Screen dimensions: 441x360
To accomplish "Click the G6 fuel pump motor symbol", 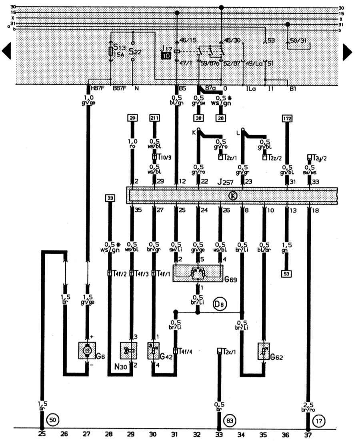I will tap(87, 351).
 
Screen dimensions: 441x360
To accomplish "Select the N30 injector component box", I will tap(129, 351).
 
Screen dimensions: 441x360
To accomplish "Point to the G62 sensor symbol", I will tap(264, 351).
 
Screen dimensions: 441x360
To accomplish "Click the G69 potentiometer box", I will tap(198, 273).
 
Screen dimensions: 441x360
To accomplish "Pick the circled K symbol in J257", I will tap(232, 196).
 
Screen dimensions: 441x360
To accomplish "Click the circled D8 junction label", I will tap(220, 304).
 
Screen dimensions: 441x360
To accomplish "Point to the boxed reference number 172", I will tap(287, 118).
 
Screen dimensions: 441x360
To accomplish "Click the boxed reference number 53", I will tap(287, 274).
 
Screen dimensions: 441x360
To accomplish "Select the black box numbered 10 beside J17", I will tap(166, 56).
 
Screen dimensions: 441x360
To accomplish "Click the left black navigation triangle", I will tap(7, 51).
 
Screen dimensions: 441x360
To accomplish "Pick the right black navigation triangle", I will tap(347, 51).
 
